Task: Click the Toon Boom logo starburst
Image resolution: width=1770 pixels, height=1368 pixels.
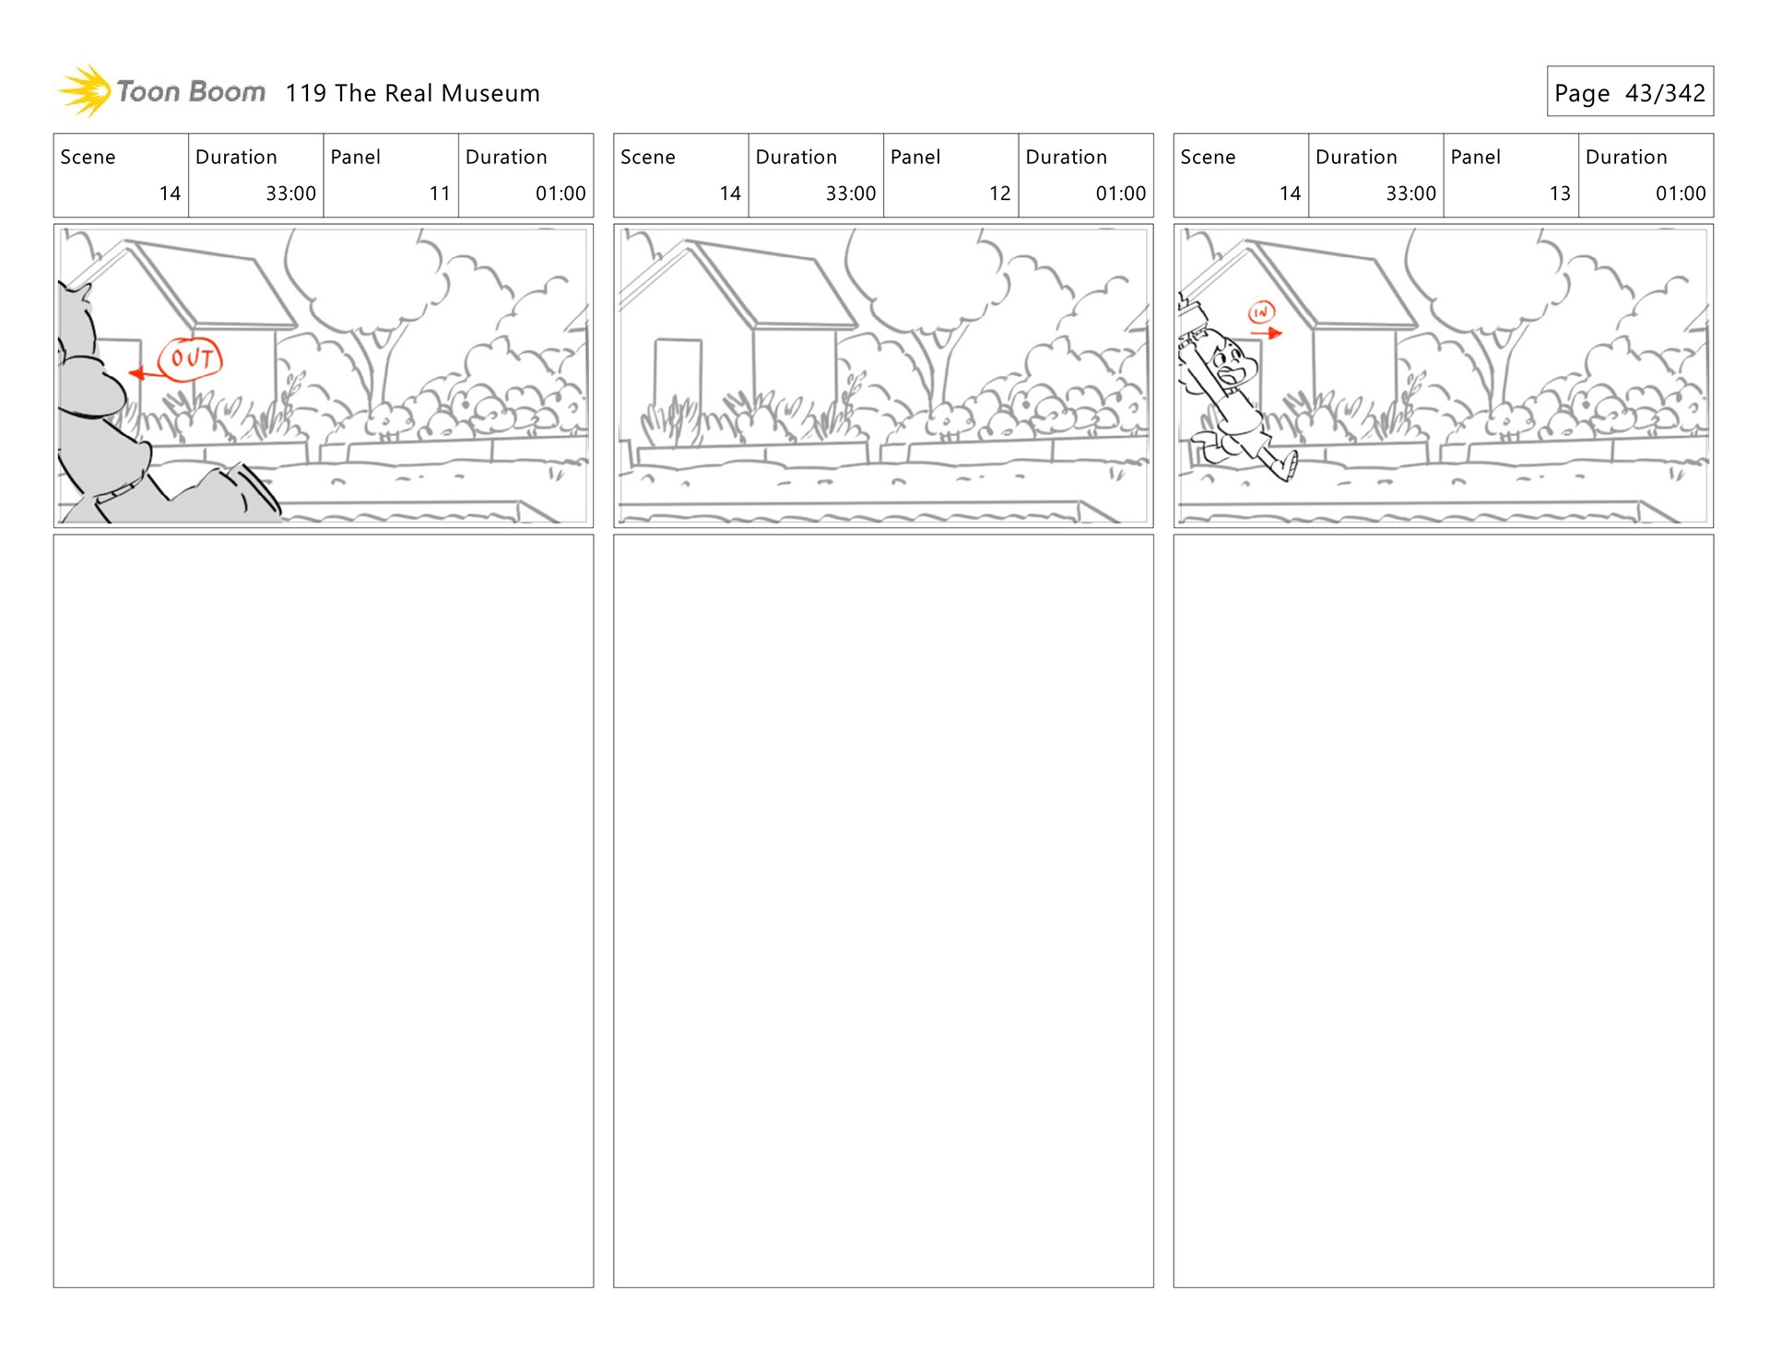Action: pyautogui.click(x=85, y=91)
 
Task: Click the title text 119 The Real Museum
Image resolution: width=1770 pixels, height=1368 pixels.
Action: pyautogui.click(x=412, y=93)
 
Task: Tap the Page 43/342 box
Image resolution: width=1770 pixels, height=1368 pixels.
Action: pyautogui.click(x=1630, y=91)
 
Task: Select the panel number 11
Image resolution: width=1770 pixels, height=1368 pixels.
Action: pyautogui.click(x=440, y=194)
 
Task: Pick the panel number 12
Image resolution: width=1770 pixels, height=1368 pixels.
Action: pyautogui.click(x=999, y=194)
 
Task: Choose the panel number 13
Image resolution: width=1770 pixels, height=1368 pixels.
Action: pyautogui.click(x=1560, y=194)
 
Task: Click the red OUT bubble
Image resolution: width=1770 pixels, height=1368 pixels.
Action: pyautogui.click(x=191, y=359)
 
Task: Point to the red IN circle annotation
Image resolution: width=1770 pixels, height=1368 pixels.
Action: pyautogui.click(x=1261, y=313)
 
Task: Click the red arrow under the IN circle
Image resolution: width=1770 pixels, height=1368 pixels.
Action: pyautogui.click(x=1267, y=333)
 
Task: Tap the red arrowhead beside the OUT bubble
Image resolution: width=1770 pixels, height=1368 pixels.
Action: pyautogui.click(x=136, y=373)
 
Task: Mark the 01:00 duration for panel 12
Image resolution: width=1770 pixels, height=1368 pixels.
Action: pyautogui.click(x=1120, y=194)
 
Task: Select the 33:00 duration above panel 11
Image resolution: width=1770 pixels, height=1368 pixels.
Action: pyautogui.click(x=290, y=194)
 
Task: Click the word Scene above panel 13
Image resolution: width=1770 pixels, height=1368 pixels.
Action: pyautogui.click(x=1208, y=157)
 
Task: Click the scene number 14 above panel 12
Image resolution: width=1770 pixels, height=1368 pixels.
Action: pyautogui.click(x=730, y=194)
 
